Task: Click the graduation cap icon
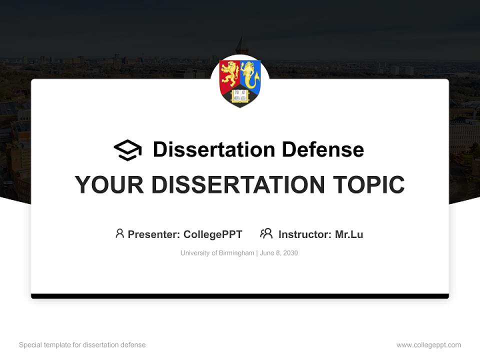pos(127,150)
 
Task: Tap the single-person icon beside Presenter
pos(119,233)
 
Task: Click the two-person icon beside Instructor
pos(266,233)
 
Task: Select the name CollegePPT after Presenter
pos(213,234)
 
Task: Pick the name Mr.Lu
pos(349,234)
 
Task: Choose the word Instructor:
pos(304,234)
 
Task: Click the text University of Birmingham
pos(217,253)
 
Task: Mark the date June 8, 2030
pos(279,253)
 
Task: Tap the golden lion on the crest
pos(230,74)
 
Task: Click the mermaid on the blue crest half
pos(250,74)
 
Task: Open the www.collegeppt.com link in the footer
pos(428,345)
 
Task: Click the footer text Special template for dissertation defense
pos(82,345)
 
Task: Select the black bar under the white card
pos(240,296)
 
